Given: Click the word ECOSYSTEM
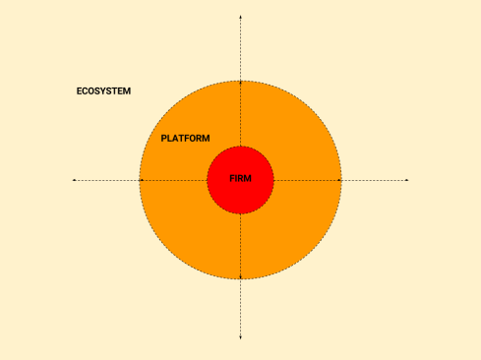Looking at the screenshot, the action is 103,91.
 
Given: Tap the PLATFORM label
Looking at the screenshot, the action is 185,139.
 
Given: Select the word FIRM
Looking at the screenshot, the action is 240,179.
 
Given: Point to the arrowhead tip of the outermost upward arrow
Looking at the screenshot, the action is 240,17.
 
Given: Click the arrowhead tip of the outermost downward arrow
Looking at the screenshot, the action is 240,339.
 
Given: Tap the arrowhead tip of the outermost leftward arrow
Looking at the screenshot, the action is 74,180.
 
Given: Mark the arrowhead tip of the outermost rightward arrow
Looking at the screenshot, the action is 407,180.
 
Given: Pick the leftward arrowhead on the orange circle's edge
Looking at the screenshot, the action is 141,180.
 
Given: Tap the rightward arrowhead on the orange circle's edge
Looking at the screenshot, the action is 340,180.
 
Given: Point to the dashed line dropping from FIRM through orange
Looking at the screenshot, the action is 240,246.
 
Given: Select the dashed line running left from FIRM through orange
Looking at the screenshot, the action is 175,180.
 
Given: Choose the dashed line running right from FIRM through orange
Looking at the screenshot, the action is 307,180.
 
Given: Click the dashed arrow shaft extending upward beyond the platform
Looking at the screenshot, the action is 240,49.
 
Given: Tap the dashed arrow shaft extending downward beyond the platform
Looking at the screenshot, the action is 240,310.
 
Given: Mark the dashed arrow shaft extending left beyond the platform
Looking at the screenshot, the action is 106,180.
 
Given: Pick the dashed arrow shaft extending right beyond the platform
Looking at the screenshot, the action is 374,180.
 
